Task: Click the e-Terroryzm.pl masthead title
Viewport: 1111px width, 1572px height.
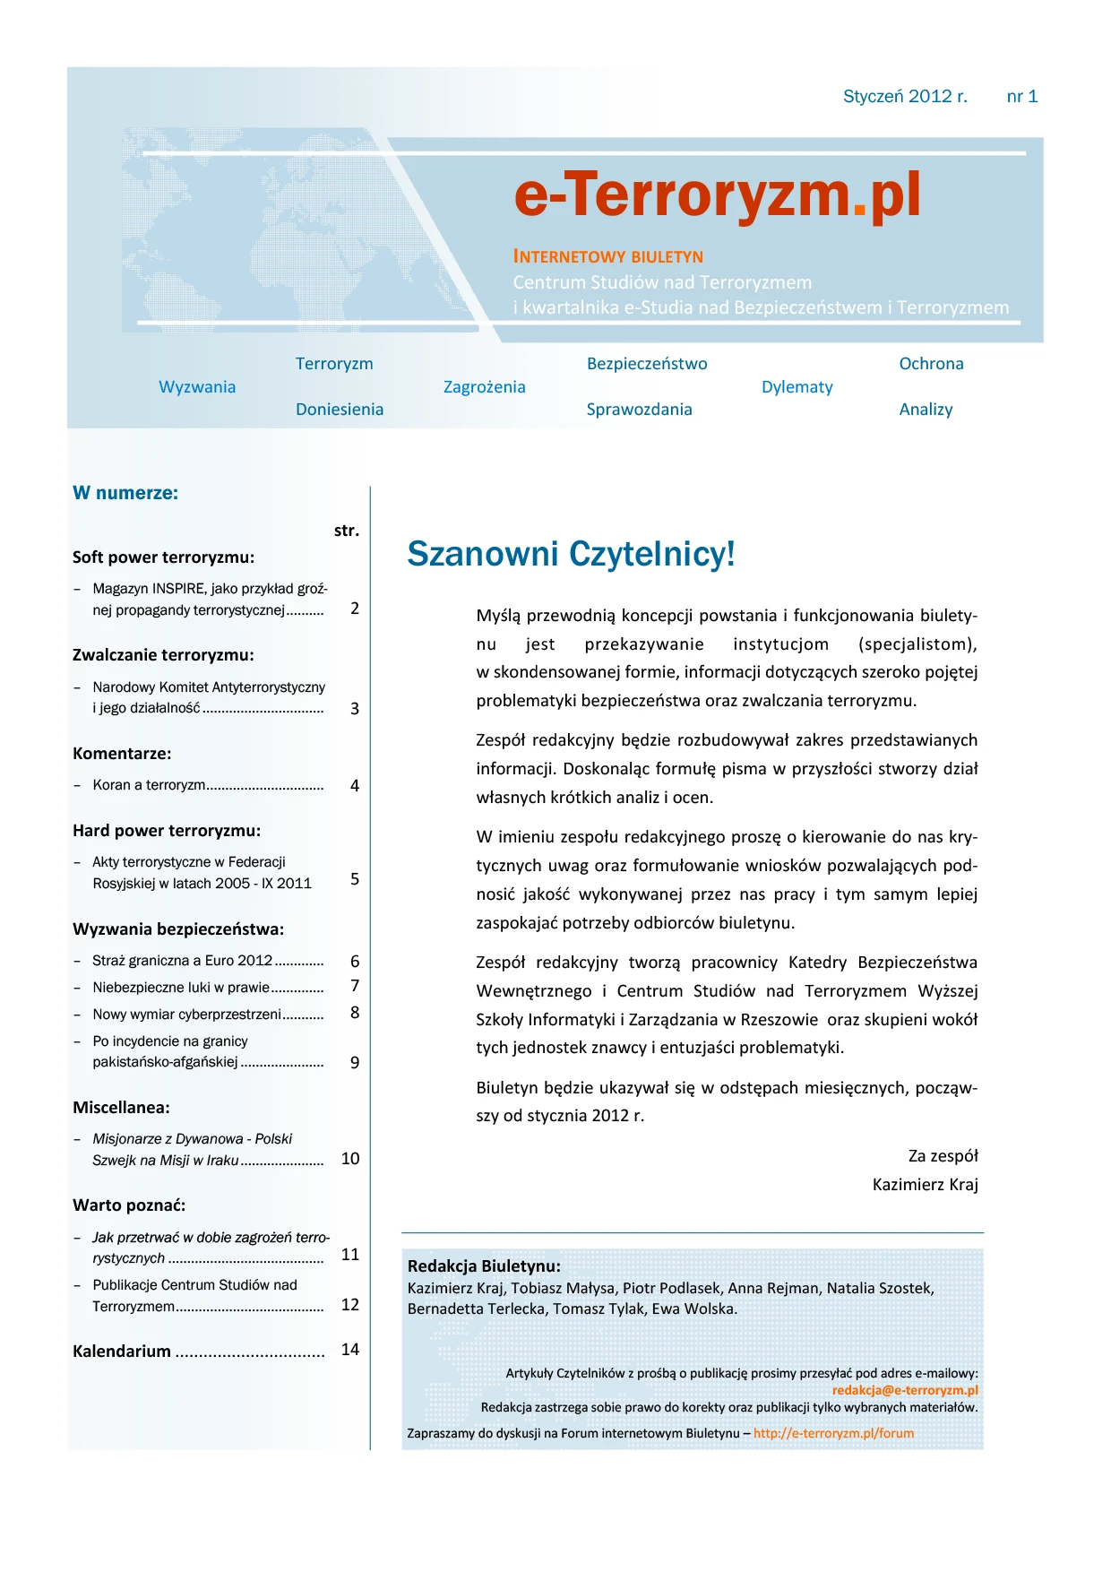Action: (x=717, y=195)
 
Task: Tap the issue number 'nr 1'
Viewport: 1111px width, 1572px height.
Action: (x=1021, y=97)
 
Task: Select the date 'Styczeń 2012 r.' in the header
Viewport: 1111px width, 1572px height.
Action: (x=905, y=97)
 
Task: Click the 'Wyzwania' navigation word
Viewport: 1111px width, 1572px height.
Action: (x=197, y=387)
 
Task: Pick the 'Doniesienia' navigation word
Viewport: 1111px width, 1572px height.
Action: (x=340, y=410)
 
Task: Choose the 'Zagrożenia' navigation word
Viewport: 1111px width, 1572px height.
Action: (x=484, y=387)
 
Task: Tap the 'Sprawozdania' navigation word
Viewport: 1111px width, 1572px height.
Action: (x=639, y=410)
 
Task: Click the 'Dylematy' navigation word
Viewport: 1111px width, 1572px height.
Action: (x=797, y=387)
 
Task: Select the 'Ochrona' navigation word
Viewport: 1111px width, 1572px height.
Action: (x=931, y=364)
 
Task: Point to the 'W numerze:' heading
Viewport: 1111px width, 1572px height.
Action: (x=125, y=493)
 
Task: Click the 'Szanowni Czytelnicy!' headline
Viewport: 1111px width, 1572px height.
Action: (x=571, y=554)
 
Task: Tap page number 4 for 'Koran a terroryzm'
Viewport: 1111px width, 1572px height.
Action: (x=355, y=786)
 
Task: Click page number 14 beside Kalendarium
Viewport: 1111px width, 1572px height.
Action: (x=350, y=1350)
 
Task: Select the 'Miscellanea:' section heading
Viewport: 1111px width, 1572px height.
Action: (x=121, y=1108)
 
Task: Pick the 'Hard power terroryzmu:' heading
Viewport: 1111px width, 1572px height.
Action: (x=167, y=831)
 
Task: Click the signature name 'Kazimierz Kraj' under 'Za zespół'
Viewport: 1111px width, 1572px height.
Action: (x=925, y=1185)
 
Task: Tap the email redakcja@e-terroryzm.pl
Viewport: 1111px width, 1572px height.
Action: (x=905, y=1390)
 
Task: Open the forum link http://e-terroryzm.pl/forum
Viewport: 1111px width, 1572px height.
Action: (x=833, y=1433)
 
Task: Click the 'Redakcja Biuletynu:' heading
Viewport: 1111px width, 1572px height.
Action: (x=484, y=1266)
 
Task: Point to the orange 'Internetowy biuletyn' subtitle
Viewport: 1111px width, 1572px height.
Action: (x=607, y=257)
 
